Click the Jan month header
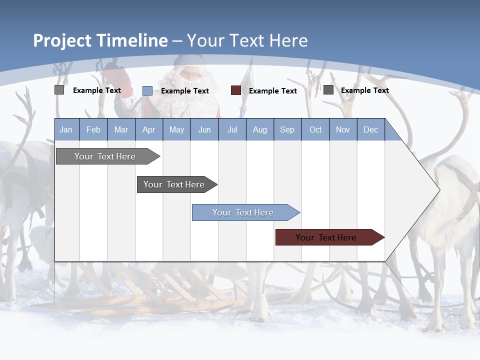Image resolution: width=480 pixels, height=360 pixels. tap(66, 129)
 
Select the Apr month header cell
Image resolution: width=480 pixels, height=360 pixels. tap(148, 129)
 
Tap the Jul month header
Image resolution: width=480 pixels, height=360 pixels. tap(232, 129)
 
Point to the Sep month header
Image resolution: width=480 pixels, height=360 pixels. tap(287, 129)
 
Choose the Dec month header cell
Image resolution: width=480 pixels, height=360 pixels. tap(370, 129)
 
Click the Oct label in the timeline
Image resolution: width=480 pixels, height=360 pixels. tap(315, 129)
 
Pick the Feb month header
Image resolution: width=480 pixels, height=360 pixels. tap(93, 129)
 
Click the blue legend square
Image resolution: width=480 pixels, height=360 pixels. tap(147, 90)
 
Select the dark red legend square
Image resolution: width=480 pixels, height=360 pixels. tap(236, 90)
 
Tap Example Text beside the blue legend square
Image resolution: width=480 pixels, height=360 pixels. tap(185, 91)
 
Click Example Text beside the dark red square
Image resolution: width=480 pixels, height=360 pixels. tap(273, 91)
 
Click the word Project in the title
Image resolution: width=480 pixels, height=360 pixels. tap(62, 40)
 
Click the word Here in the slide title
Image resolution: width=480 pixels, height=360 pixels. tap(288, 40)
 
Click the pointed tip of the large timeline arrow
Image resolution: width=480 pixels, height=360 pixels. tap(438, 190)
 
